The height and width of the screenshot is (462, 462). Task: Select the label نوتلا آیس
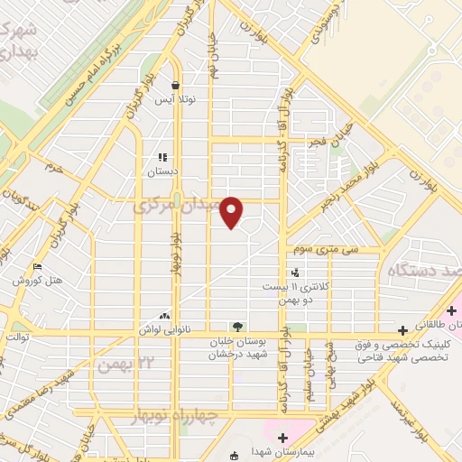(176, 100)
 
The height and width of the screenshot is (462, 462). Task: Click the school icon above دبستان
(162, 156)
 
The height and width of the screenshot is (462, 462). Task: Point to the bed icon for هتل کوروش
(36, 266)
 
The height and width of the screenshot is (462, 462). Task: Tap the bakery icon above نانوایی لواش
(164, 316)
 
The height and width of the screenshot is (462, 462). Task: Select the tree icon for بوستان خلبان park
(236, 325)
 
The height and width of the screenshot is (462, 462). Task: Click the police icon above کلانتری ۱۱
(295, 273)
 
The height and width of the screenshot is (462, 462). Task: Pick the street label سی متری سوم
(332, 249)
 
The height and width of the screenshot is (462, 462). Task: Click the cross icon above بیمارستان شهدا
(282, 438)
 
